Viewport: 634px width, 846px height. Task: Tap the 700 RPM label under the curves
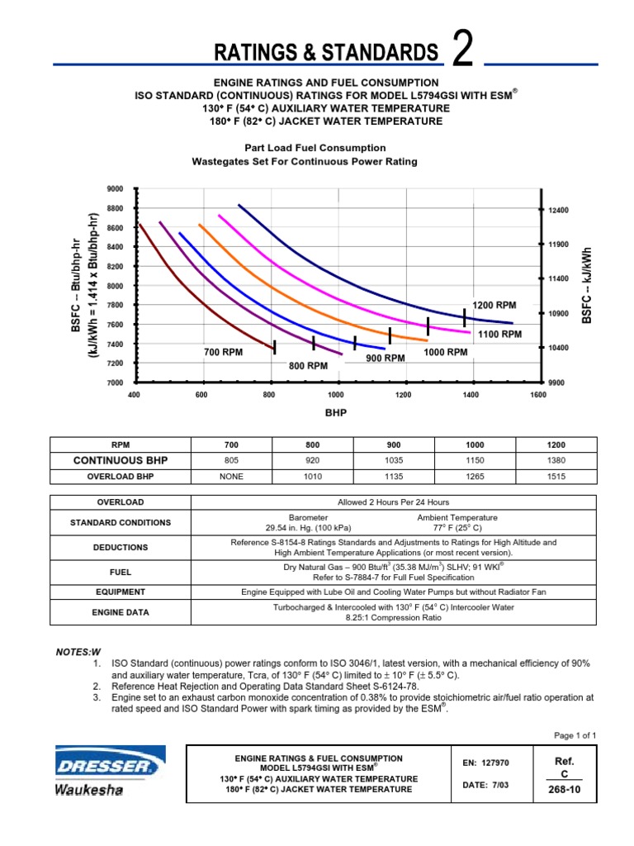[x=224, y=353]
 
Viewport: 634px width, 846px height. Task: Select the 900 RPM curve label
[x=386, y=358]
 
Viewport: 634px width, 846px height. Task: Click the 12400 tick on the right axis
[x=561, y=211]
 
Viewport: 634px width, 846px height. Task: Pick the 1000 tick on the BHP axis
[x=335, y=396]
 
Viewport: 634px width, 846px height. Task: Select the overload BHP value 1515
[x=555, y=476]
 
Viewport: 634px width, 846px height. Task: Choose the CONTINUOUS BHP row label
[x=121, y=460]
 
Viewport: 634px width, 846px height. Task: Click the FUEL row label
[x=121, y=571]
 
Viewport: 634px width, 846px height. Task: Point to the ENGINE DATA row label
[x=121, y=612]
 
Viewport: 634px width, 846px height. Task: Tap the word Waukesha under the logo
[x=89, y=791]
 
